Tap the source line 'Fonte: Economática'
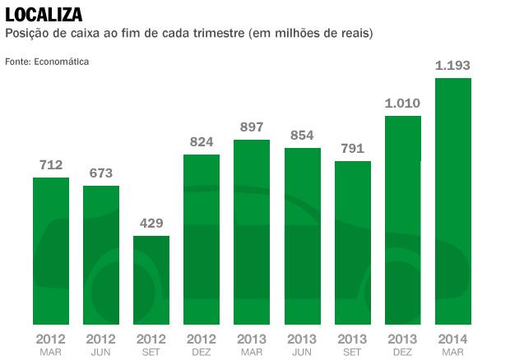(x=47, y=62)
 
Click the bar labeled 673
(x=101, y=255)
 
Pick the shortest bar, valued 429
(x=151, y=280)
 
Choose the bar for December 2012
(x=202, y=239)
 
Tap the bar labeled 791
(x=352, y=242)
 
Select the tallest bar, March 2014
(x=452, y=201)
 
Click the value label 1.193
(x=452, y=66)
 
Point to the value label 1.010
(x=403, y=104)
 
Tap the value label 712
(x=51, y=165)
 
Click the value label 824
(x=202, y=142)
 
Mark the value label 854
(x=302, y=135)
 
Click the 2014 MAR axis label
(x=452, y=344)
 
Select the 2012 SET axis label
(x=151, y=344)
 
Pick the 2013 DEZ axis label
(x=403, y=344)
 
